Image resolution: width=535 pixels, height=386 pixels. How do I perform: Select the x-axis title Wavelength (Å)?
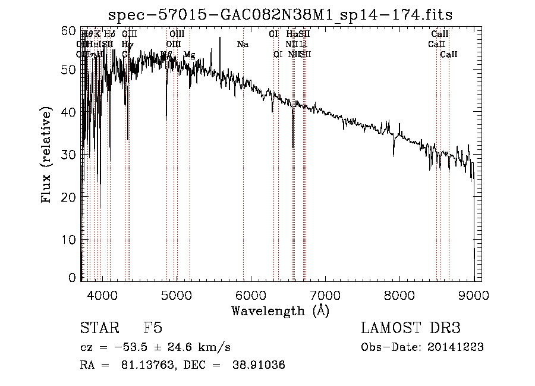280,310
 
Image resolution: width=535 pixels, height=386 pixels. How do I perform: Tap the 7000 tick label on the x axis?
325,295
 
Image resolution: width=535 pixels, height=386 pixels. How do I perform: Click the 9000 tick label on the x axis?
474,295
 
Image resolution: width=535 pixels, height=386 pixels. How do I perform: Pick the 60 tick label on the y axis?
69,31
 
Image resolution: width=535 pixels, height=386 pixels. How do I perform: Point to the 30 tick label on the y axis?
69,155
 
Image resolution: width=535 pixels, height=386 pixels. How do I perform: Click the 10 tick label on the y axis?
69,239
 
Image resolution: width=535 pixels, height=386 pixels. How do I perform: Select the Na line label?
243,45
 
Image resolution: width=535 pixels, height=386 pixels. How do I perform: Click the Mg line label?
189,55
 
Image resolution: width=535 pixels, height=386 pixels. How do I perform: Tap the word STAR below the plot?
98,329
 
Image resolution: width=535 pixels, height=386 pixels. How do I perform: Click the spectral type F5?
152,329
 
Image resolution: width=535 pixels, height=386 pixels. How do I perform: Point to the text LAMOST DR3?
410,329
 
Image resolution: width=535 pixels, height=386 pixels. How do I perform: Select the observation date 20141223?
457,347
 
